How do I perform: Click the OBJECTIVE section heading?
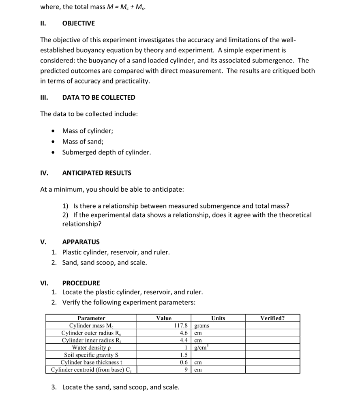point(79,24)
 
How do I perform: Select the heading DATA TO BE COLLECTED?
point(99,97)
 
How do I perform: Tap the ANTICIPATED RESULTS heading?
point(96,173)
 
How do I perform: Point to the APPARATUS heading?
point(81,242)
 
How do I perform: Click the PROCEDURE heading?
point(81,283)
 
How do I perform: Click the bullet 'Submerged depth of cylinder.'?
point(106,152)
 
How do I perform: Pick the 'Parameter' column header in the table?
point(91,318)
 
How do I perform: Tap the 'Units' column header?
point(218,318)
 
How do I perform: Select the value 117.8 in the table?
point(181,325)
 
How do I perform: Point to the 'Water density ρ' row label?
point(91,347)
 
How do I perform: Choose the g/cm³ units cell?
point(201,347)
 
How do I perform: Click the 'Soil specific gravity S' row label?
point(91,355)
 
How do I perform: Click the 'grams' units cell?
point(202,325)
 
